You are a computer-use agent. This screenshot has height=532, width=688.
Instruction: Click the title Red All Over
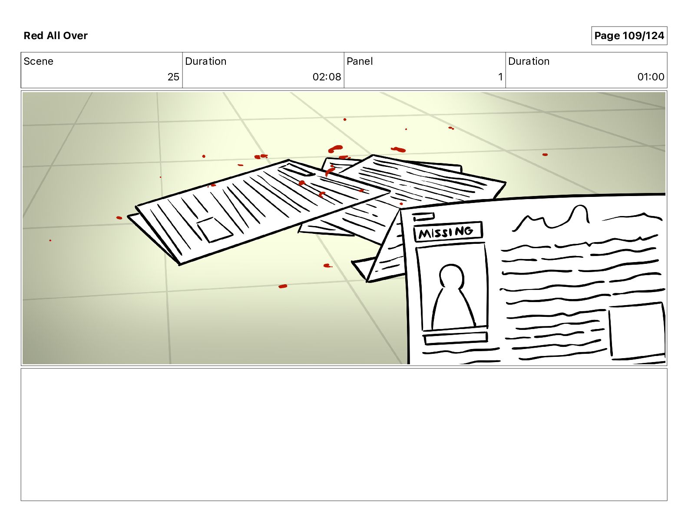56,36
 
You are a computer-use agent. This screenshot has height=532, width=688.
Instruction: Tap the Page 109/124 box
629,36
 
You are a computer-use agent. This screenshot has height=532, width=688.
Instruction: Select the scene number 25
173,76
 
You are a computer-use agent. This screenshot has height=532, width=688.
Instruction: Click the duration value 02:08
327,76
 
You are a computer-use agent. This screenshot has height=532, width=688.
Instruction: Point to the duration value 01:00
651,76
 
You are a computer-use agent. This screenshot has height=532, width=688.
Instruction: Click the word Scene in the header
38,61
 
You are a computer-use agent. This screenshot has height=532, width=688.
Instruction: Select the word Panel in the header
360,61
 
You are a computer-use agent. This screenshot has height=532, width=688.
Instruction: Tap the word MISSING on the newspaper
446,232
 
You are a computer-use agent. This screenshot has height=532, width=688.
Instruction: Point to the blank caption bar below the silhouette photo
455,338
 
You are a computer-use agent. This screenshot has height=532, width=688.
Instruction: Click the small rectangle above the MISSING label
423,217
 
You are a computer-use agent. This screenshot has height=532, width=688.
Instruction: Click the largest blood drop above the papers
336,149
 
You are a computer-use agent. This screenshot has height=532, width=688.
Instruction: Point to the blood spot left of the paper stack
119,218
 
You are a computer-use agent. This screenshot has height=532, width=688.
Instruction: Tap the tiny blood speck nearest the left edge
50,240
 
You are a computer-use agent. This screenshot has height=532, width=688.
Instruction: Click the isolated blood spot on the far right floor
545,155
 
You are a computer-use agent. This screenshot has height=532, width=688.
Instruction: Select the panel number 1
500,76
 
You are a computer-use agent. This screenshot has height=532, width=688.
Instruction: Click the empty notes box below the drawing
344,434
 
